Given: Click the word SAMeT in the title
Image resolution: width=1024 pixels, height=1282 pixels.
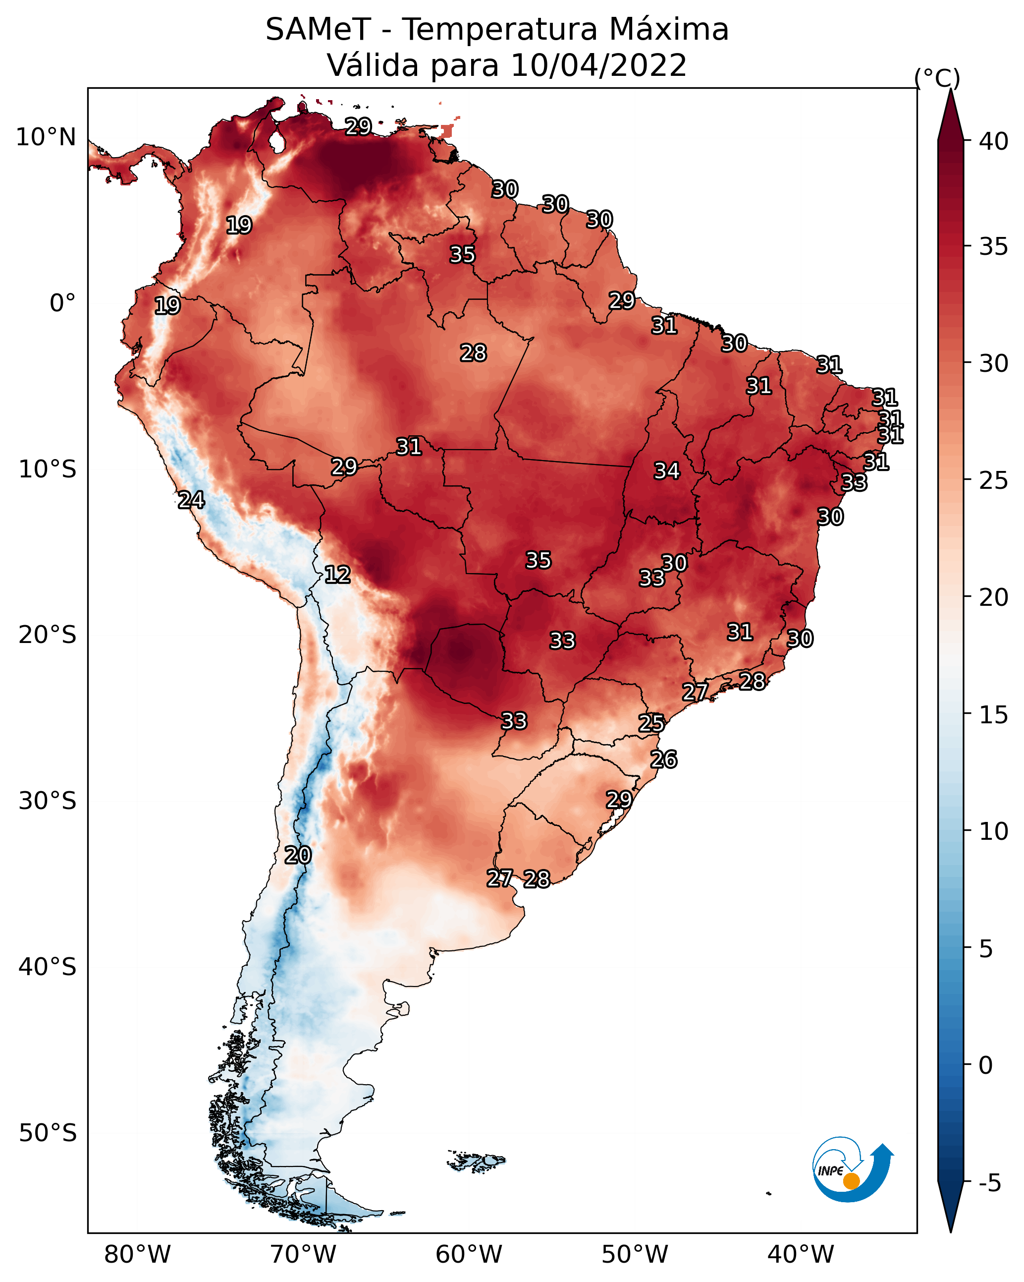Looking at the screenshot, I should pyautogui.click(x=318, y=30).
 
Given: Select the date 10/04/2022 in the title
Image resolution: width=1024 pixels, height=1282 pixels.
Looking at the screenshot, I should pyautogui.click(x=598, y=65).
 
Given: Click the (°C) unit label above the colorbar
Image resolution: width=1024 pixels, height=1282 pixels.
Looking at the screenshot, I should pyautogui.click(x=937, y=78).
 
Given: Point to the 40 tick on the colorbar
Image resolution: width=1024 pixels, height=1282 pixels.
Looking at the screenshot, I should pyautogui.click(x=993, y=141).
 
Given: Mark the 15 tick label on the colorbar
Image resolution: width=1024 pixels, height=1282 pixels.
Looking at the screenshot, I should pyautogui.click(x=993, y=715).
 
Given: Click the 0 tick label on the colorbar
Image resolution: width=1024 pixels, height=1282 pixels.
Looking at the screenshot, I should pyautogui.click(x=985, y=1065).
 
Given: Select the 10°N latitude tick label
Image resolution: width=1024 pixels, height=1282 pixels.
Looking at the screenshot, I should pyautogui.click(x=46, y=137).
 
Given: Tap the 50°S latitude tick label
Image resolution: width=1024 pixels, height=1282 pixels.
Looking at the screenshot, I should pyautogui.click(x=48, y=1133).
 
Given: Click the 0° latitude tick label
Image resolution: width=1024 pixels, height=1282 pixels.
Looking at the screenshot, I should pyautogui.click(x=62, y=303).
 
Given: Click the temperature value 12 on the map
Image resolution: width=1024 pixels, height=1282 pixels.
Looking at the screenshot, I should pyautogui.click(x=337, y=575).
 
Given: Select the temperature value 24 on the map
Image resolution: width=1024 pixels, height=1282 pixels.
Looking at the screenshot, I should pyautogui.click(x=191, y=500).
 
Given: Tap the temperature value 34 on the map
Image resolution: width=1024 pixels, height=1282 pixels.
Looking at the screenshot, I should pyautogui.click(x=666, y=471).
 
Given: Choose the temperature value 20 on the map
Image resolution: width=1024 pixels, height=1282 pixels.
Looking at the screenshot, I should pyautogui.click(x=297, y=855).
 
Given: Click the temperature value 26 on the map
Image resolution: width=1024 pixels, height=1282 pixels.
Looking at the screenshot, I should pyautogui.click(x=663, y=759).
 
